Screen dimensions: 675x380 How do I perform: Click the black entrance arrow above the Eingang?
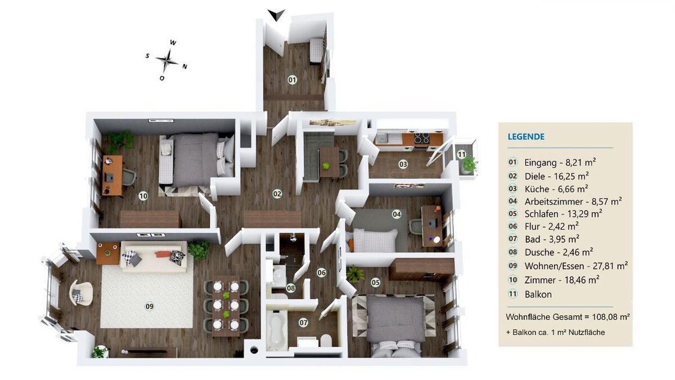click(276, 15)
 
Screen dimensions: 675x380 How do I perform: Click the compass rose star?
click(168, 61)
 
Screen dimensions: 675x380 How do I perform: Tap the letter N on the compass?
click(184, 66)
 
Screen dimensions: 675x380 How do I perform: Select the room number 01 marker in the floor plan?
click(292, 80)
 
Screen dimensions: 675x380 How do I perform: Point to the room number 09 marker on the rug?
click(150, 306)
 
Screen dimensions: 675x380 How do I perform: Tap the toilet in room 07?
click(326, 340)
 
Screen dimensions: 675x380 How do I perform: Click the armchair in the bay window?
click(81, 292)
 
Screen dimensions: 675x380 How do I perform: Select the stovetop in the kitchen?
click(421, 138)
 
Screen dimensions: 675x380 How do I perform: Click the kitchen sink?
click(381, 138)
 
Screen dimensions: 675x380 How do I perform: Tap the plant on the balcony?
click(469, 164)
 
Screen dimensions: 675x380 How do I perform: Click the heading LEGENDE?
click(526, 137)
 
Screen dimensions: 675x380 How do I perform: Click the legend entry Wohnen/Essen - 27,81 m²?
click(576, 266)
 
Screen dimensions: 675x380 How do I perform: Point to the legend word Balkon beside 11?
click(538, 294)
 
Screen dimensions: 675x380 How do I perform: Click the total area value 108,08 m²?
click(611, 317)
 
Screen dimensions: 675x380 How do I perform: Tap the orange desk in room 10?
click(112, 176)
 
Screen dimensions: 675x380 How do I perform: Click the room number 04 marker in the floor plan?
click(397, 214)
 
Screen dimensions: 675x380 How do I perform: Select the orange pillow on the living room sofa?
click(163, 254)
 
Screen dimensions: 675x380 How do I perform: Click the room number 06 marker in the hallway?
click(322, 273)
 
